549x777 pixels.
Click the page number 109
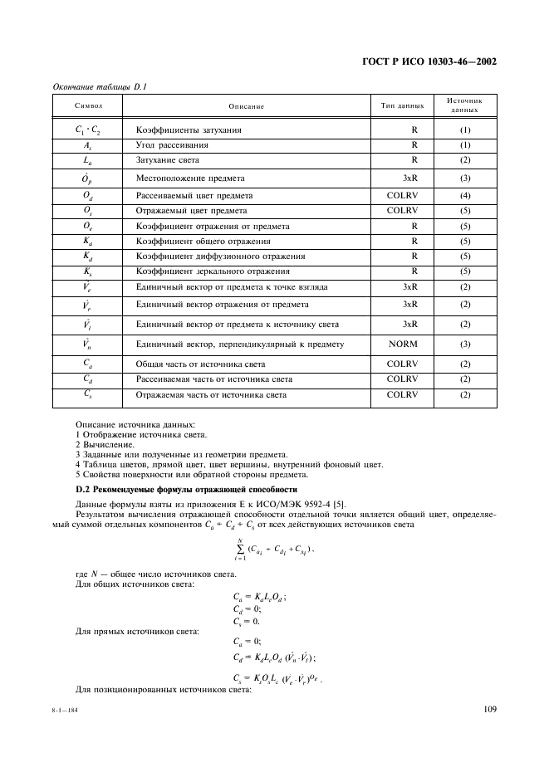click(488, 708)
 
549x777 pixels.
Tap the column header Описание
click(247, 106)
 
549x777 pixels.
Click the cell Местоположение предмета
click(190, 178)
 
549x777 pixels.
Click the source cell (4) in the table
click(465, 195)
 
